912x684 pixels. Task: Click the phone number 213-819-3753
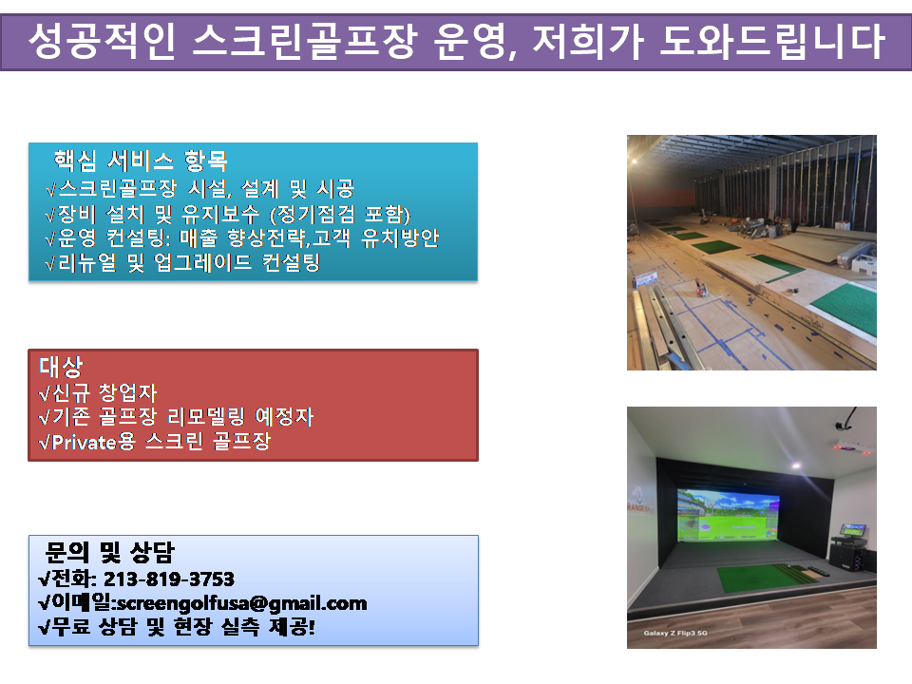click(169, 579)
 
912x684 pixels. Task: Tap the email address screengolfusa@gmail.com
click(242, 604)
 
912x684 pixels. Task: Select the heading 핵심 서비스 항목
click(141, 161)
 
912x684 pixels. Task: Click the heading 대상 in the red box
click(61, 367)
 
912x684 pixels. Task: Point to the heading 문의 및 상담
click(110, 552)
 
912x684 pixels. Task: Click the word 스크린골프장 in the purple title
click(304, 41)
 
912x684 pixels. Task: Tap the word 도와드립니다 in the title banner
click(772, 41)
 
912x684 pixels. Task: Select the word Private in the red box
click(85, 443)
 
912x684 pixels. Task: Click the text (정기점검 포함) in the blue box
click(340, 215)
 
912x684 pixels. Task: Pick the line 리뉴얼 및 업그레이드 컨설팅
click(182, 263)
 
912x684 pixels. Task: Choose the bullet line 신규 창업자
click(98, 393)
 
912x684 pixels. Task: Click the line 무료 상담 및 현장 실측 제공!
click(177, 627)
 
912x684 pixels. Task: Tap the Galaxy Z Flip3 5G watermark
click(675, 633)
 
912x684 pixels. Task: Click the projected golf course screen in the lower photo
click(729, 515)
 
